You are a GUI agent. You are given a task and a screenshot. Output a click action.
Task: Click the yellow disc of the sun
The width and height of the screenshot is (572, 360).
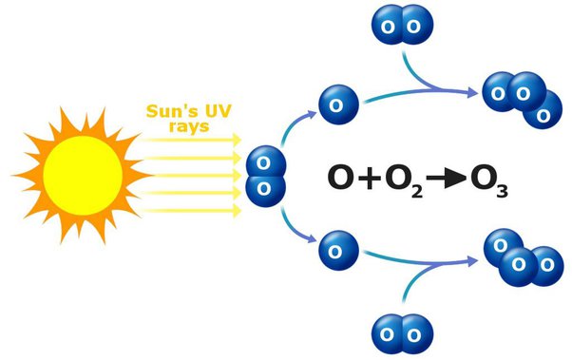pos(83,176)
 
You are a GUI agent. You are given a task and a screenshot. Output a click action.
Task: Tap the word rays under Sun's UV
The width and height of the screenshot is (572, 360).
pos(189,127)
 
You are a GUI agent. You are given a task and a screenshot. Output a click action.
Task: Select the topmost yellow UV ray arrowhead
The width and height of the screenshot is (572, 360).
pos(238,140)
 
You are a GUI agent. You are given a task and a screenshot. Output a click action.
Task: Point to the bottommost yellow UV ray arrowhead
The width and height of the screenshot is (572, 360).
pos(238,211)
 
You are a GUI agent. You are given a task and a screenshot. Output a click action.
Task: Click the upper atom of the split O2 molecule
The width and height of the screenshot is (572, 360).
pos(265,163)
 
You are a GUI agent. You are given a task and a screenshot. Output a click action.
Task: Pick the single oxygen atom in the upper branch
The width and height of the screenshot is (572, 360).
pos(338,104)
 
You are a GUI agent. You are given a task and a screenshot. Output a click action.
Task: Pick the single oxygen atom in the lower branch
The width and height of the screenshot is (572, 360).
pos(338,251)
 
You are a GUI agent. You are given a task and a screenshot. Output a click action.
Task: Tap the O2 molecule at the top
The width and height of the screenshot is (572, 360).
pos(402,25)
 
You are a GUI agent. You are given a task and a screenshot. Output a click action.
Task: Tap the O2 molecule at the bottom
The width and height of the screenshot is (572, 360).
pos(402,334)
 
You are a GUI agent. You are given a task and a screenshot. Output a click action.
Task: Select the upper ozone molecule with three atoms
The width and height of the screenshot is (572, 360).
pos(523,100)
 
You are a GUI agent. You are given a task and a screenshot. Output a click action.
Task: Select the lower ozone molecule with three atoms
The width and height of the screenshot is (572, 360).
pos(524,257)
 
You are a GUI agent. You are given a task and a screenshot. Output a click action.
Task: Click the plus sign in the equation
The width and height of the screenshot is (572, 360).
pos(370,178)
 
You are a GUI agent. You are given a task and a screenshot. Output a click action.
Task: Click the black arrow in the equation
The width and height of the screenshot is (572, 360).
pos(447,178)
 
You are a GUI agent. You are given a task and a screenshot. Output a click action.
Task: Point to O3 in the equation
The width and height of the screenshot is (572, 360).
pos(489,181)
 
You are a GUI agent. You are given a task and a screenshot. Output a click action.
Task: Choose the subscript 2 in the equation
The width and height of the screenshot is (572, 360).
pos(416,192)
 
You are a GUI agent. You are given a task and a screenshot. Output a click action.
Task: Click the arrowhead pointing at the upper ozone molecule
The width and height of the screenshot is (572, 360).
pos(472,92)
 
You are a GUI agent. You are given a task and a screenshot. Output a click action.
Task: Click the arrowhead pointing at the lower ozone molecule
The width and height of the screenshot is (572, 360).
pos(472,261)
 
